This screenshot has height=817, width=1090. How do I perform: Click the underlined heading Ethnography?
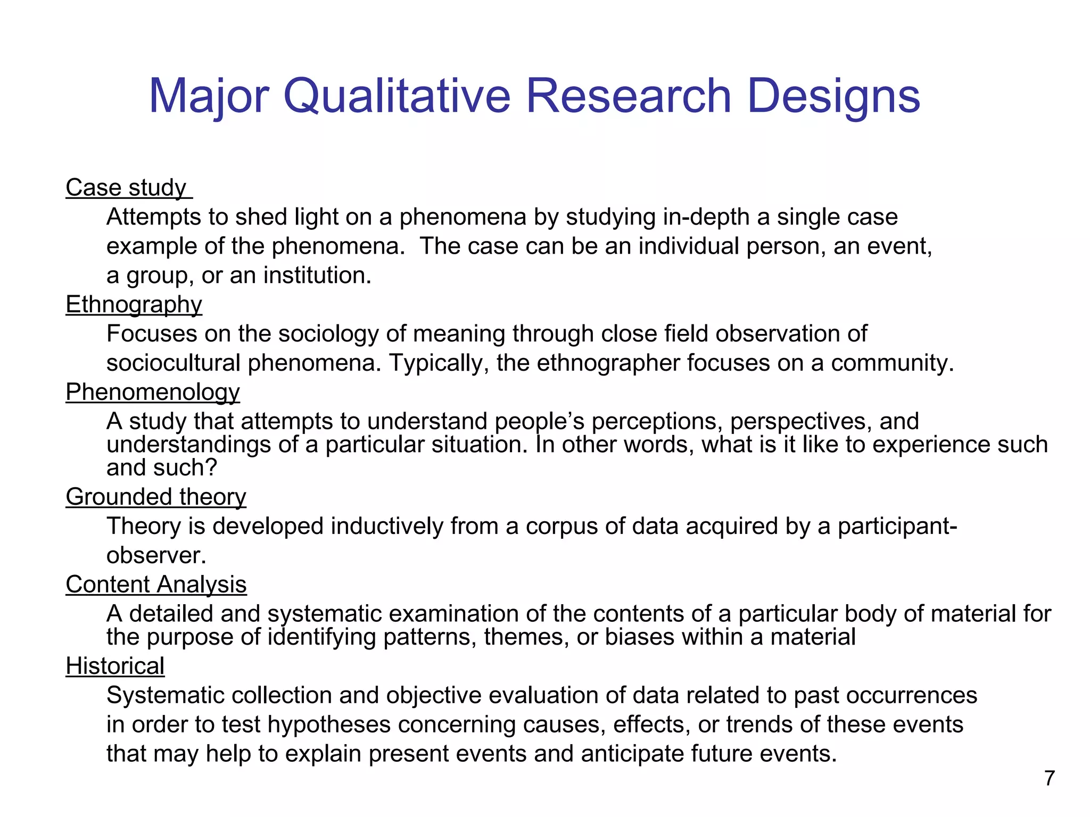pyautogui.click(x=134, y=305)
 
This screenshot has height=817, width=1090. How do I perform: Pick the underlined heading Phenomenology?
pyautogui.click(x=153, y=393)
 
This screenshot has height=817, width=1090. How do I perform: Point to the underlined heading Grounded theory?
pyautogui.click(x=156, y=497)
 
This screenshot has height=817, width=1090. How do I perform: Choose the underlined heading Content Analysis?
pyautogui.click(x=156, y=585)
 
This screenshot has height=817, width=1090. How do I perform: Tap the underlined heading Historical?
pyautogui.click(x=115, y=666)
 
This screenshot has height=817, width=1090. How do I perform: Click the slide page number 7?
pyautogui.click(x=1049, y=778)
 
